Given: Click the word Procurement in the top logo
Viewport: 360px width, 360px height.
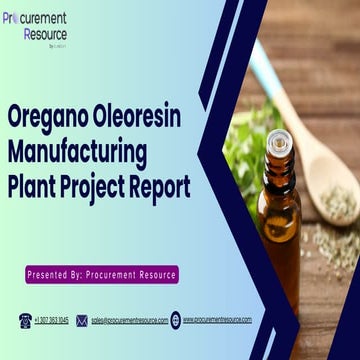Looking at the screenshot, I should (37, 19).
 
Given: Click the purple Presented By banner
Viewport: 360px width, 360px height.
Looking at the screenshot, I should (102, 273).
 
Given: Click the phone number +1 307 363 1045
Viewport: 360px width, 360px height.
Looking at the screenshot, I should (52, 320).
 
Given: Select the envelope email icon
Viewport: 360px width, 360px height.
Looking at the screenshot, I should (84, 320).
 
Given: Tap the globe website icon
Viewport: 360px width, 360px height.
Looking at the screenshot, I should (175, 320).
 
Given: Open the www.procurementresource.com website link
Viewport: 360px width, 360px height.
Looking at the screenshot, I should (217, 320).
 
